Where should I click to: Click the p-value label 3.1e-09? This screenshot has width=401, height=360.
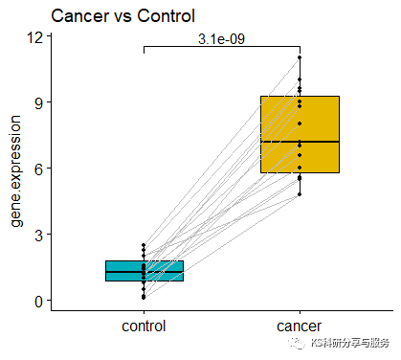[x=221, y=39]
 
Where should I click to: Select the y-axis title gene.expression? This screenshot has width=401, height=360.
[x=16, y=170]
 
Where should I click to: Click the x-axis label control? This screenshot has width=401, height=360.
[x=145, y=326]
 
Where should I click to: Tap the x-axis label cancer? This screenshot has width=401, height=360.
[x=300, y=326]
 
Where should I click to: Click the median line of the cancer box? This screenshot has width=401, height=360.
[x=300, y=142]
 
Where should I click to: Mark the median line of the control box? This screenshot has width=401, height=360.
[x=145, y=272]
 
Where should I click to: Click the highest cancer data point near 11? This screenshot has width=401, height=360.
[x=300, y=57]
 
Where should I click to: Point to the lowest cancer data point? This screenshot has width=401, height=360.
[x=300, y=194]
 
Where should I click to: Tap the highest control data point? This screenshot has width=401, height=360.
[x=145, y=245]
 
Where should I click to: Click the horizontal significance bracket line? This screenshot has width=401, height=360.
[x=221, y=46]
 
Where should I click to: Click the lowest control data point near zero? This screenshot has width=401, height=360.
[x=145, y=298]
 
